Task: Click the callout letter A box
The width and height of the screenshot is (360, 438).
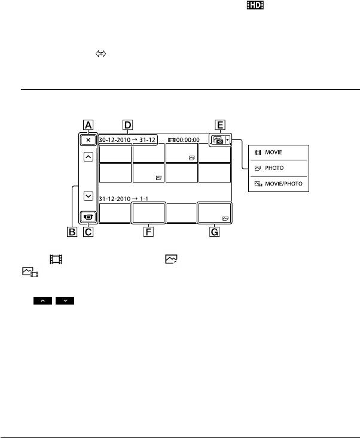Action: (89, 125)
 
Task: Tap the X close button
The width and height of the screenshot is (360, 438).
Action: (89, 139)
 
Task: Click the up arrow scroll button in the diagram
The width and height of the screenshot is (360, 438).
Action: (89, 156)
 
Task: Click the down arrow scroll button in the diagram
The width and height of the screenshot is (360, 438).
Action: (89, 195)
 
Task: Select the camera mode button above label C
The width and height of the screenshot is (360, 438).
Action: (89, 215)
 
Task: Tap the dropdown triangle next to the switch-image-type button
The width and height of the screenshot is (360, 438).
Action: (228, 139)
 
